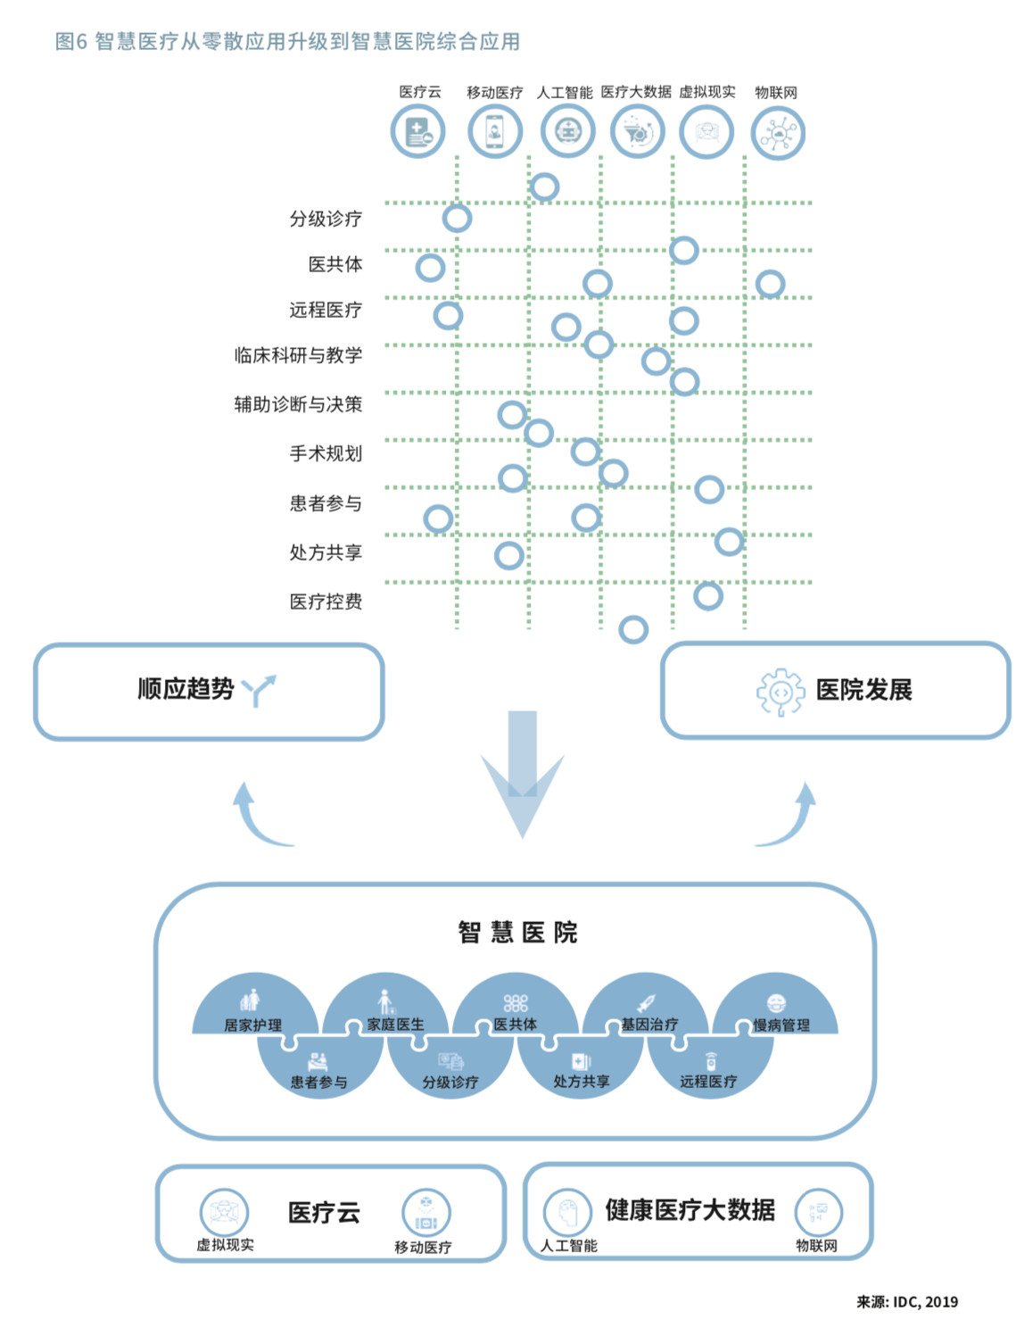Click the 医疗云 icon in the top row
pyautogui.click(x=417, y=132)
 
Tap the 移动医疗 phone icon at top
pyautogui.click(x=494, y=132)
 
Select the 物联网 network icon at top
pyautogui.click(x=778, y=133)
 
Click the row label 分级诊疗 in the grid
pyautogui.click(x=326, y=219)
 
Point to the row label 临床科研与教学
pyautogui.click(x=298, y=355)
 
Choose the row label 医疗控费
pyautogui.click(x=326, y=602)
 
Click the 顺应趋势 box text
pyautogui.click(x=186, y=689)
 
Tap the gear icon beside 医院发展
pyautogui.click(x=780, y=692)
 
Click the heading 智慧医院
pyautogui.click(x=517, y=933)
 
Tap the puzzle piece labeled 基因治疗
pyautogui.click(x=649, y=1013)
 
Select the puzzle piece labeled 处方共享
pyautogui.click(x=581, y=1071)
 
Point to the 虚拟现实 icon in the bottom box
pyautogui.click(x=224, y=1212)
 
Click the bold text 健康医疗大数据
pyautogui.click(x=690, y=1210)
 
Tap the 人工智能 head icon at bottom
pyautogui.click(x=567, y=1212)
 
